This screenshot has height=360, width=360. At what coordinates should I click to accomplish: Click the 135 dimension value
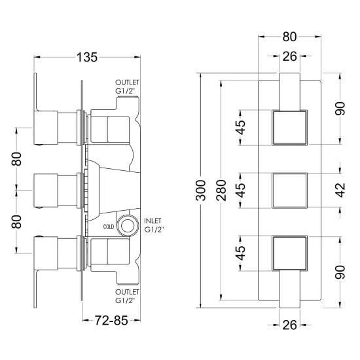(x=87, y=58)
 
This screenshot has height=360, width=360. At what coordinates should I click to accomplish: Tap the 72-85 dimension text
(x=111, y=321)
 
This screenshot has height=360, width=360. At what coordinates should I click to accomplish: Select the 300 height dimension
(x=201, y=190)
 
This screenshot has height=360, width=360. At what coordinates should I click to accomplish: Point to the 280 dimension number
(x=221, y=190)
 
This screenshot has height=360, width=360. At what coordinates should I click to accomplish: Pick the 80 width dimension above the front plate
(x=289, y=37)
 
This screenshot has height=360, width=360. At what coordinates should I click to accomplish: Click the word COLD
(x=109, y=227)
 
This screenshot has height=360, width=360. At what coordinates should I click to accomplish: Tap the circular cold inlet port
(x=128, y=225)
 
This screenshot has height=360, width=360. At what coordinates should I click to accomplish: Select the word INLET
(x=153, y=221)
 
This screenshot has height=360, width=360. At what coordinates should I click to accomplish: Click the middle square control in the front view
(x=289, y=190)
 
